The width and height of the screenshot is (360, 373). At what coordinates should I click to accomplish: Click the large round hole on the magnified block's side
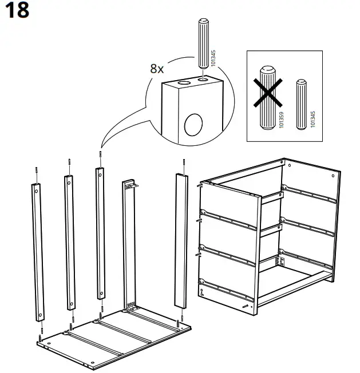coord(194,124)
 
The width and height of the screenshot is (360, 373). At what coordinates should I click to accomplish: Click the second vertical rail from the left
coord(69,240)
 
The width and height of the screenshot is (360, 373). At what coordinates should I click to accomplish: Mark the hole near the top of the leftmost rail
coord(35,193)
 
